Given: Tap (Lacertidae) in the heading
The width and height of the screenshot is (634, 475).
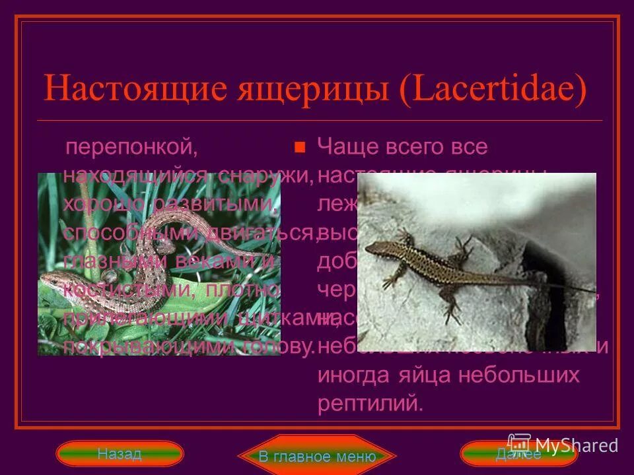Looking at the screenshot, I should pyautogui.click(x=493, y=90).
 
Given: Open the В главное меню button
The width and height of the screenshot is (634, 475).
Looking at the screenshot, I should pyautogui.click(x=317, y=456).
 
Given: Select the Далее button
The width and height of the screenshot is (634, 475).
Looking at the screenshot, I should pyautogui.click(x=518, y=453).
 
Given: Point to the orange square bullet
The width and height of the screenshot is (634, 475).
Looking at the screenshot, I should pyautogui.click(x=300, y=147).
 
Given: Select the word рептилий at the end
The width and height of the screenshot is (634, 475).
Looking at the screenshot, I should pyautogui.click(x=369, y=403).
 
